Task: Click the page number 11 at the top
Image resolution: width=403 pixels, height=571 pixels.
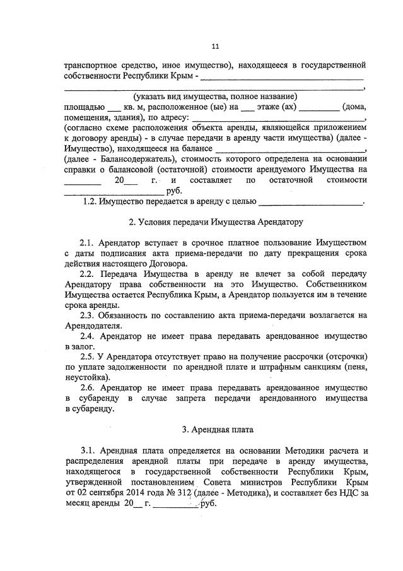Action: tap(215, 46)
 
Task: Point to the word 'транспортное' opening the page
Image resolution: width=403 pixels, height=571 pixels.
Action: tap(90, 66)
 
